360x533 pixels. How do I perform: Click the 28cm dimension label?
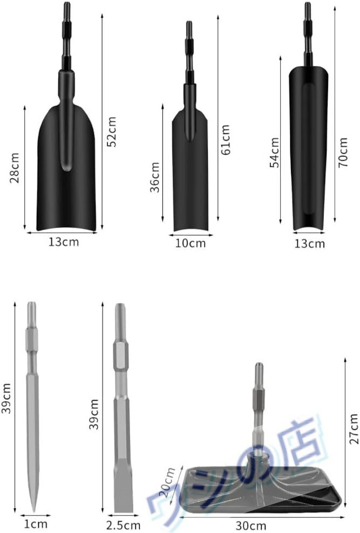click(x=15, y=168)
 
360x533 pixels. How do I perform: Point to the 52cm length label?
click(x=112, y=132)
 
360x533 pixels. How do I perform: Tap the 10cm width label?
click(x=191, y=243)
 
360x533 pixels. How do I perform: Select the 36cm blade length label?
click(x=155, y=177)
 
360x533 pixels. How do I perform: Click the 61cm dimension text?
click(x=226, y=140)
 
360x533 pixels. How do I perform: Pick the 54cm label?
click(x=274, y=153)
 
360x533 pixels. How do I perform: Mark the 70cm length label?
click(x=343, y=152)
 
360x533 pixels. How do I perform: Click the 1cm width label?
click(x=36, y=524)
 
